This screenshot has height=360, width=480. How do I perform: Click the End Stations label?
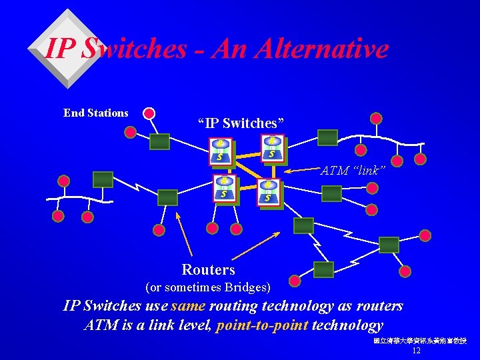click(95, 113)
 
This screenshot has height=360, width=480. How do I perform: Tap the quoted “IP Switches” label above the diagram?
click(241, 123)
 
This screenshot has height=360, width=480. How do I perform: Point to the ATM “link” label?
click(353, 171)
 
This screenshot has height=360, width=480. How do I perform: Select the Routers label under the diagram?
click(208, 270)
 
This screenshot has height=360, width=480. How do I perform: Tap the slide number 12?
click(417, 351)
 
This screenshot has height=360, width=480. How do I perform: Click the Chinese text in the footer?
click(420, 341)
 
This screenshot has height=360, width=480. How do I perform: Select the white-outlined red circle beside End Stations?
click(149, 113)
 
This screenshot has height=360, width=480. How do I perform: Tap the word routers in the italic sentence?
click(379, 306)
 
